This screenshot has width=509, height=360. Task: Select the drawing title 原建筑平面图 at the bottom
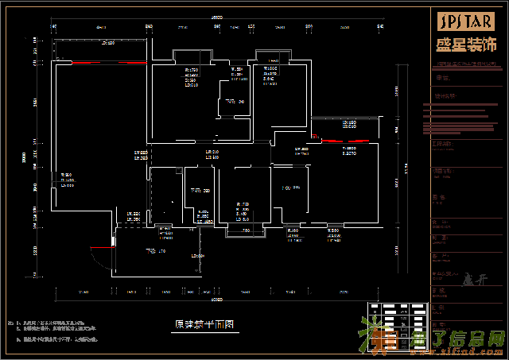(203, 324)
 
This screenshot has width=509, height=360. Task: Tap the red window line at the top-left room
(110, 61)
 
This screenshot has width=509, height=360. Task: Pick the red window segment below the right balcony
(355, 140)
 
